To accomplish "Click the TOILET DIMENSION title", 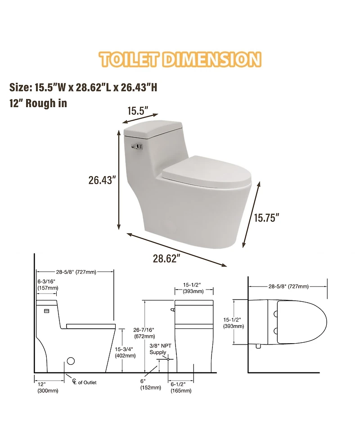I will [180, 59].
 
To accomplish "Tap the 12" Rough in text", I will [38, 103].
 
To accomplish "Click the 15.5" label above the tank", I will [137, 110].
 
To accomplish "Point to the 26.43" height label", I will [102, 180].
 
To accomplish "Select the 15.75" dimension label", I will [266, 218].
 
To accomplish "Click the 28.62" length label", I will [166, 259].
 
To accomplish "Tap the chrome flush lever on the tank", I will [136, 145].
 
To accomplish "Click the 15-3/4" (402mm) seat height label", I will [126, 352].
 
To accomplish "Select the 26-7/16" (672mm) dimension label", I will [144, 332].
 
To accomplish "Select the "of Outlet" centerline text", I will [87, 382].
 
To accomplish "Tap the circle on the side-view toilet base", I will [71, 361].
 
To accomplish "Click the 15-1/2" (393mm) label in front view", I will [192, 288].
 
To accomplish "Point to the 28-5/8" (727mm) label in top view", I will [288, 286].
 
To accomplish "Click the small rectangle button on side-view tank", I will [46, 311].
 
